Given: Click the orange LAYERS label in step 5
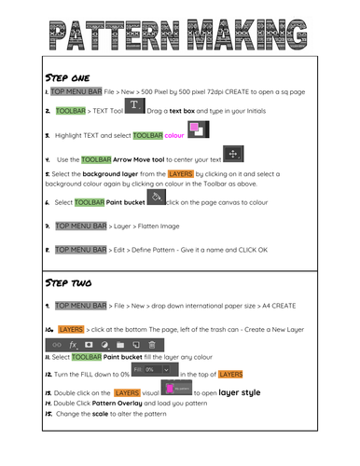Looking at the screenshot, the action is pyautogui.click(x=180, y=173).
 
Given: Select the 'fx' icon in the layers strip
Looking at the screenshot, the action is pyautogui.click(x=73, y=344).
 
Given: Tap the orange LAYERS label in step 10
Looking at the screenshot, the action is pyautogui.click(x=71, y=329).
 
